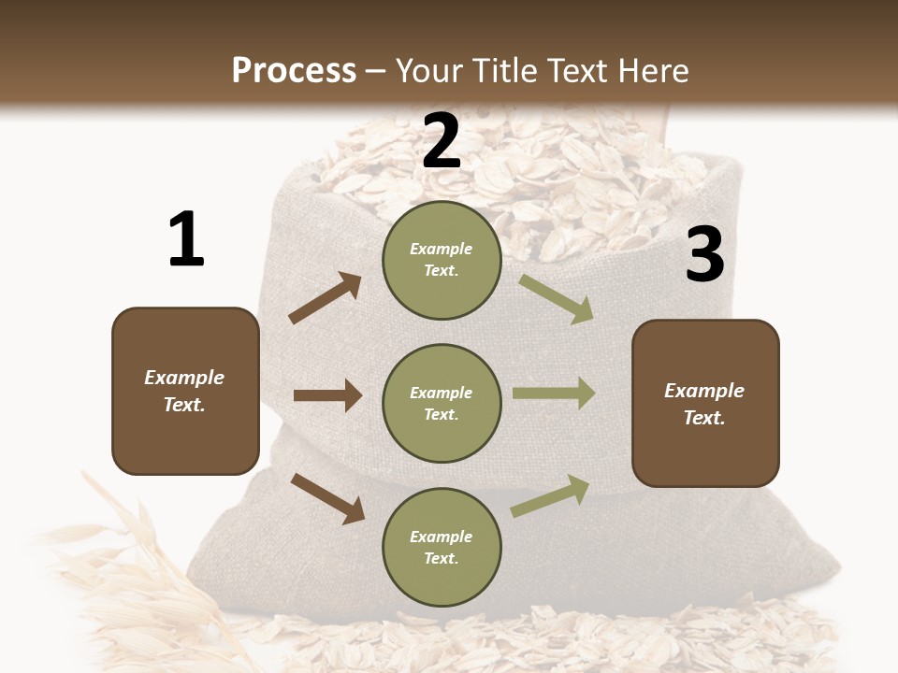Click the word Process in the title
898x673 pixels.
(294, 71)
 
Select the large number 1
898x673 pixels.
(186, 240)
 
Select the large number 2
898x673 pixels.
(441, 142)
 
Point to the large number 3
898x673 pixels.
(704, 254)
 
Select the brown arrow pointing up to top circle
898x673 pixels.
(326, 298)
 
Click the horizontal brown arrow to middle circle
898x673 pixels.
(327, 395)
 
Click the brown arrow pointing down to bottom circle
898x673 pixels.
(327, 497)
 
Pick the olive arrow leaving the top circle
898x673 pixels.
(556, 298)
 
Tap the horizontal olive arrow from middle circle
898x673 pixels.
(554, 394)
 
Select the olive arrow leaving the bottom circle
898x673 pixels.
(550, 496)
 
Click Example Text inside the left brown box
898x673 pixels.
(184, 391)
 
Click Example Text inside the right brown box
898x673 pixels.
(704, 404)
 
